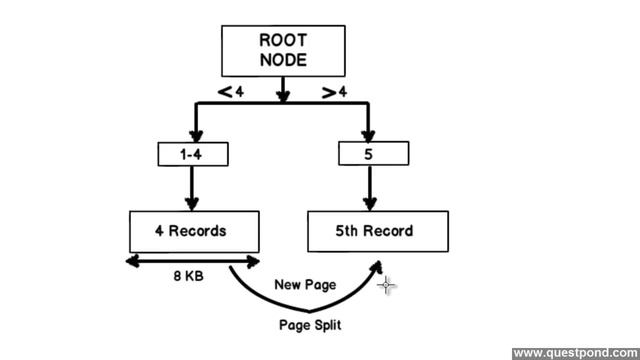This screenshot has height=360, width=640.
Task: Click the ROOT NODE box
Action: [283, 51]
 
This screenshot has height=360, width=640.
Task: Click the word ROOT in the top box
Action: [283, 41]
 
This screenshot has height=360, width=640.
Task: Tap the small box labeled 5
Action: [373, 154]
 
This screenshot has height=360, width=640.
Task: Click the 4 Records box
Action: [193, 231]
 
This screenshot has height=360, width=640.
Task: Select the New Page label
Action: [305, 285]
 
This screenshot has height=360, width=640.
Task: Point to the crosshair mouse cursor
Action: [387, 286]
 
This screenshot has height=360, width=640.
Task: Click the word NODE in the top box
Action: [283, 60]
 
